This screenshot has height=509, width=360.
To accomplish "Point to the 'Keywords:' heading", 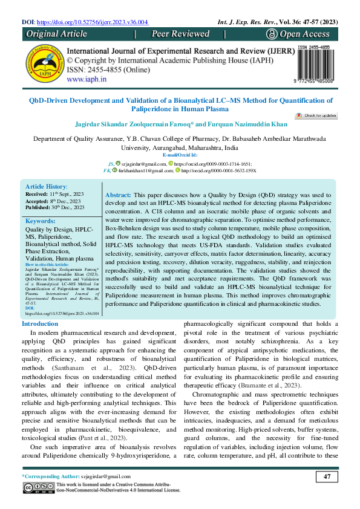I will (x=41, y=222).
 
